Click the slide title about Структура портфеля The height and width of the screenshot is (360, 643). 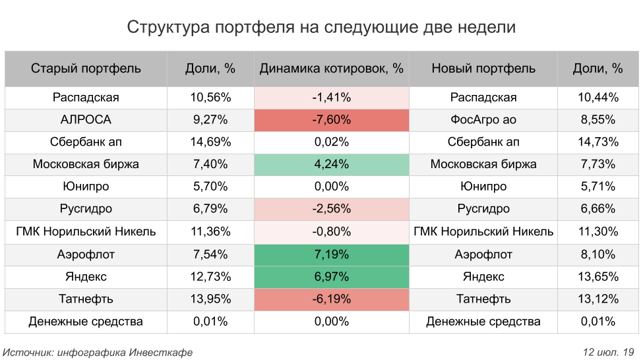click(x=321, y=28)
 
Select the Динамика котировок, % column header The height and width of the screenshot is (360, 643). click(x=331, y=69)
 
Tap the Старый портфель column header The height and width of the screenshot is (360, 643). click(x=86, y=69)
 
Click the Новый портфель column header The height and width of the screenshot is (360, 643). click(x=483, y=69)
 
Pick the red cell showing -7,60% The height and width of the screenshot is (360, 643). click(x=331, y=120)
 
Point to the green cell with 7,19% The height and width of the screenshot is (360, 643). click(x=331, y=255)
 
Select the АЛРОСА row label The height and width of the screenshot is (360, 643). click(x=86, y=120)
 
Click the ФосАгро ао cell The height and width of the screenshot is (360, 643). click(x=483, y=120)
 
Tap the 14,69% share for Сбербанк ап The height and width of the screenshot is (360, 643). click(x=210, y=142)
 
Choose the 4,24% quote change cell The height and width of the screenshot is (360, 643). click(x=331, y=165)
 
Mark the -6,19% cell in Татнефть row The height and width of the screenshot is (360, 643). click(x=331, y=299)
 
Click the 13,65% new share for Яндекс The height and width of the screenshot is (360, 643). click(x=598, y=277)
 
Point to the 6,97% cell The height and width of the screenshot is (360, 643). click(x=331, y=277)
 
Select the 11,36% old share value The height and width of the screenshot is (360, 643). click(x=210, y=232)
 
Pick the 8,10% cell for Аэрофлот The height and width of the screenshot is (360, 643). click(x=598, y=255)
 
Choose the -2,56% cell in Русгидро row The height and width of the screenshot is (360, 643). click(x=331, y=210)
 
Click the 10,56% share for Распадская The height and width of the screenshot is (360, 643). click(x=210, y=98)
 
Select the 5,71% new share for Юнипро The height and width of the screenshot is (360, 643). click(x=598, y=187)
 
